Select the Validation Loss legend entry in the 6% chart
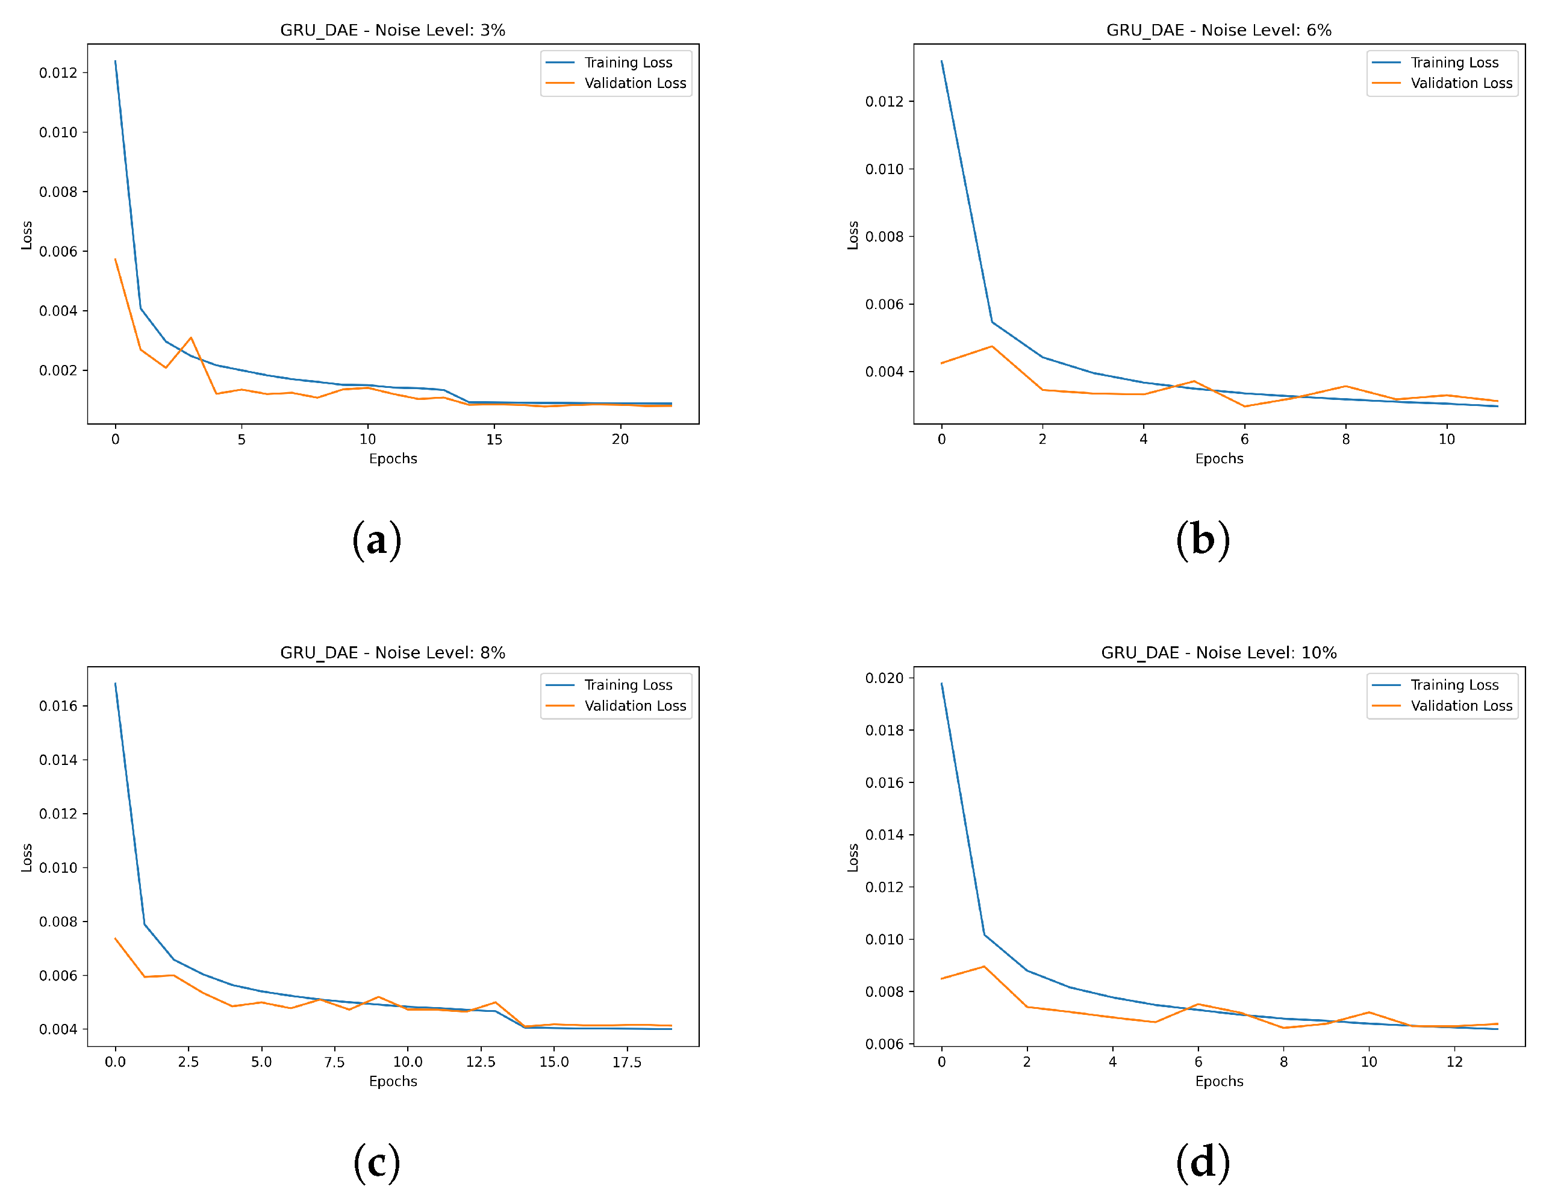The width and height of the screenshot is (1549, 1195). (x=1460, y=83)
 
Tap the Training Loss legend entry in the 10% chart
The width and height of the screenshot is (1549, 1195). (x=1453, y=684)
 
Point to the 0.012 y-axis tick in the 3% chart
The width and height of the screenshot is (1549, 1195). (x=58, y=73)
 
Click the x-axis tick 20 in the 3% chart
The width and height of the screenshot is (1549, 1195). (x=620, y=440)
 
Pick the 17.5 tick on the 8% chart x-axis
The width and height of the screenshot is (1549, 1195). (x=626, y=1062)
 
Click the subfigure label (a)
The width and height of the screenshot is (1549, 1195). (x=376, y=540)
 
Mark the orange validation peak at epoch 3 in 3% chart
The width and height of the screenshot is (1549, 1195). (x=191, y=339)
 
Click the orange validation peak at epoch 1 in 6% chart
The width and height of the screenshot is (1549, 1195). (x=991, y=347)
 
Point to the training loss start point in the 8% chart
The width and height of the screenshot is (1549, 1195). (x=116, y=684)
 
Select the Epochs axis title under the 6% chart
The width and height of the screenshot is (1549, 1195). (x=1218, y=459)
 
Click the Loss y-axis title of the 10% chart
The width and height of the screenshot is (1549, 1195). (x=853, y=858)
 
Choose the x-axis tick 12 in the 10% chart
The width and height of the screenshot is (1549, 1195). (x=1454, y=1062)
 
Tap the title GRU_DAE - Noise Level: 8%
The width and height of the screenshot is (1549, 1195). (x=392, y=652)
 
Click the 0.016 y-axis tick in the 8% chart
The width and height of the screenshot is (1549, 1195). (x=58, y=707)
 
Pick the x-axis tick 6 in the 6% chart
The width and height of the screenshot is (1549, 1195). (x=1244, y=440)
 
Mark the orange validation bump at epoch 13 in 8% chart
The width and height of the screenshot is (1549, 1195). (x=495, y=1002)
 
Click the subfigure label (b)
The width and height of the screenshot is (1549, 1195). (x=1202, y=540)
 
